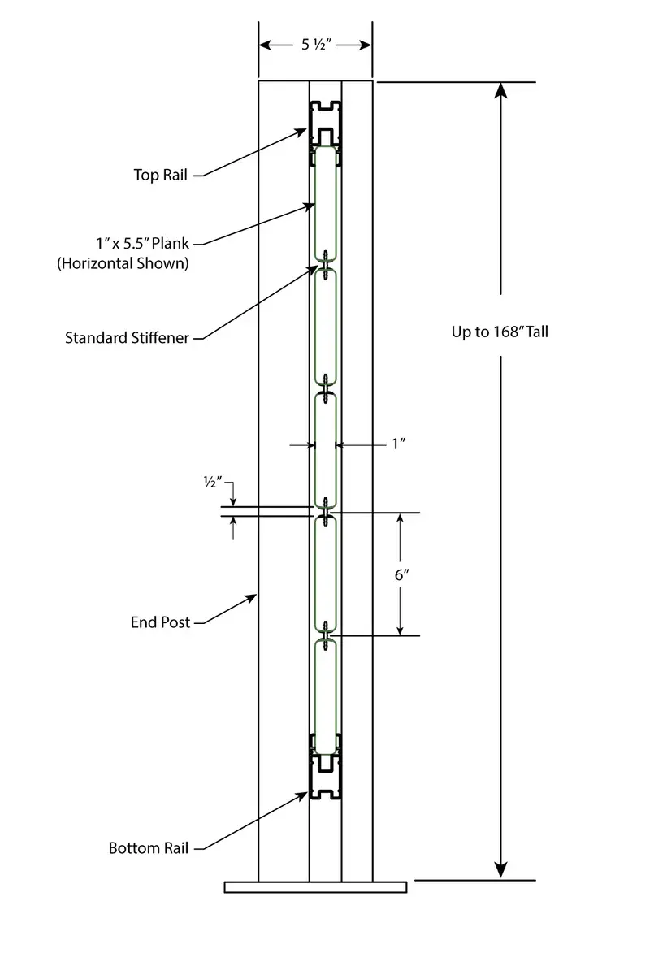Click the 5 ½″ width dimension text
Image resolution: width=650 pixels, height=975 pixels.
[317, 45]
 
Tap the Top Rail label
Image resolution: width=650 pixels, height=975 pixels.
[161, 175]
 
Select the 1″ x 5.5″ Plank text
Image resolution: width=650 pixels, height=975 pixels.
[143, 243]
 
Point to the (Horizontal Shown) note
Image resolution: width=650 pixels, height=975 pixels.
[123, 263]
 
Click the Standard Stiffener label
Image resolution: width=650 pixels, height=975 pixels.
[127, 338]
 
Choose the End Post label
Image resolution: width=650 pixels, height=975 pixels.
[160, 622]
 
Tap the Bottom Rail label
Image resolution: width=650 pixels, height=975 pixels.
[149, 848]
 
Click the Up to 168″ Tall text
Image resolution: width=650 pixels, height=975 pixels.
[500, 331]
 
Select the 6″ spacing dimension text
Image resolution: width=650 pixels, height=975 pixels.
[402, 575]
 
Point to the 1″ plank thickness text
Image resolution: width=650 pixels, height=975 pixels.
[399, 444]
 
